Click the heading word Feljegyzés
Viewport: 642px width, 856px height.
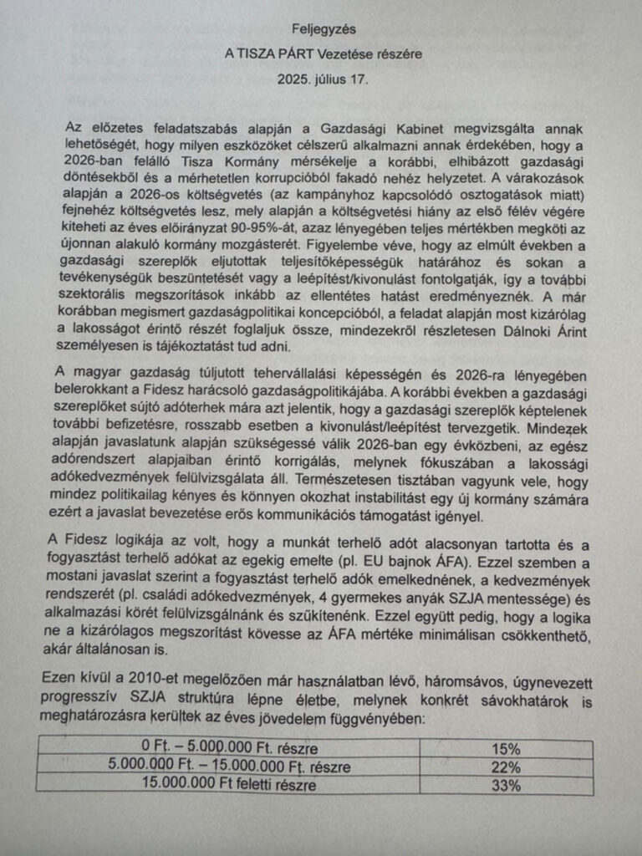(319, 28)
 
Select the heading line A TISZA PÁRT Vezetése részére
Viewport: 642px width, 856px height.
(322, 54)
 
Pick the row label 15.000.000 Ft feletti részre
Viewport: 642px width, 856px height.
(229, 785)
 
